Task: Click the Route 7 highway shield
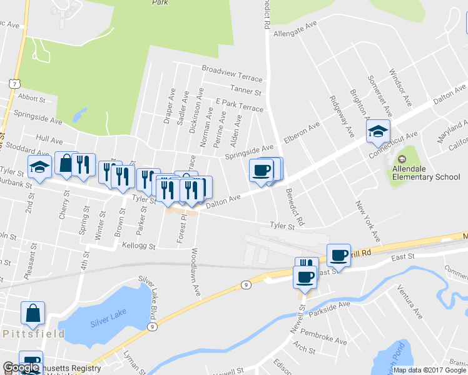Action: [x=13, y=83]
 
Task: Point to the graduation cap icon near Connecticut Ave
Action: [x=378, y=132]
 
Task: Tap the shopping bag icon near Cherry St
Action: [x=66, y=164]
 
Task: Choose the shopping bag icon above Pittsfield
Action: [x=33, y=313]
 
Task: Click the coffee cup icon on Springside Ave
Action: [x=262, y=170]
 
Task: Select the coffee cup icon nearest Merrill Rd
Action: [x=338, y=255]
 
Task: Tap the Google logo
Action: [x=21, y=367]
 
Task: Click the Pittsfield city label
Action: [x=33, y=334]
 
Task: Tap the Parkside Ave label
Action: [x=331, y=306]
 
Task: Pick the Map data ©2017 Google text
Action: [x=430, y=370]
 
